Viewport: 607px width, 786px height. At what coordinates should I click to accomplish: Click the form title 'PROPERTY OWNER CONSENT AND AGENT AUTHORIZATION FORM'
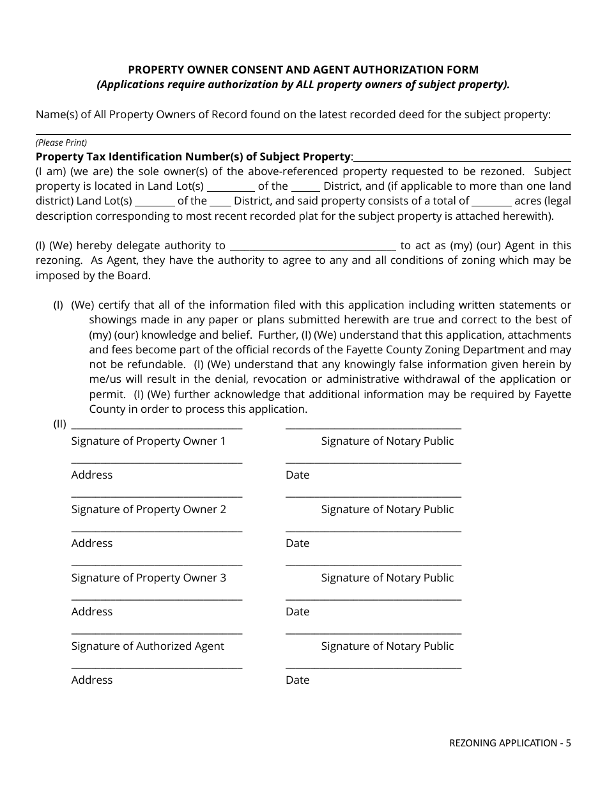(x=303, y=70)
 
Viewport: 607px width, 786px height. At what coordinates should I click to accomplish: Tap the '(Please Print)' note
(x=61, y=143)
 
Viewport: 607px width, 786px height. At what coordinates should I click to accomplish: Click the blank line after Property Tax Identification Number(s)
(x=462, y=160)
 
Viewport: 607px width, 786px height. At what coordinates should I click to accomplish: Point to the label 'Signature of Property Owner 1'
(x=148, y=441)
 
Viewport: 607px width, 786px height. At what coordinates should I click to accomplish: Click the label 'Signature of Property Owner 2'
(x=148, y=509)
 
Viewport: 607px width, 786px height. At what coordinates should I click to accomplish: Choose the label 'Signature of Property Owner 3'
(x=148, y=578)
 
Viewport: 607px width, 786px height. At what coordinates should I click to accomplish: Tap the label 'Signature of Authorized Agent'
(x=148, y=646)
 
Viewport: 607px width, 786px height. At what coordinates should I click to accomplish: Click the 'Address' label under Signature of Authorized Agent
(x=92, y=680)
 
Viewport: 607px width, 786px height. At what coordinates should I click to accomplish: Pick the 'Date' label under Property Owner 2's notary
(x=297, y=543)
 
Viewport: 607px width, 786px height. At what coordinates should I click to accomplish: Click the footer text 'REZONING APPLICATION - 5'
(x=510, y=743)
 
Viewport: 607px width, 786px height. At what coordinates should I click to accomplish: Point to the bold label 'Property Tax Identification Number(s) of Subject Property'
(x=193, y=157)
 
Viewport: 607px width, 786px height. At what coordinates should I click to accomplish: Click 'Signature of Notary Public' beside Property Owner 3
(x=387, y=578)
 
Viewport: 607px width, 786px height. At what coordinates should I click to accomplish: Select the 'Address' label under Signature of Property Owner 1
(x=92, y=475)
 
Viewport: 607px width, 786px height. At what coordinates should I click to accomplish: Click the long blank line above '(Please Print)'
(x=303, y=134)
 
